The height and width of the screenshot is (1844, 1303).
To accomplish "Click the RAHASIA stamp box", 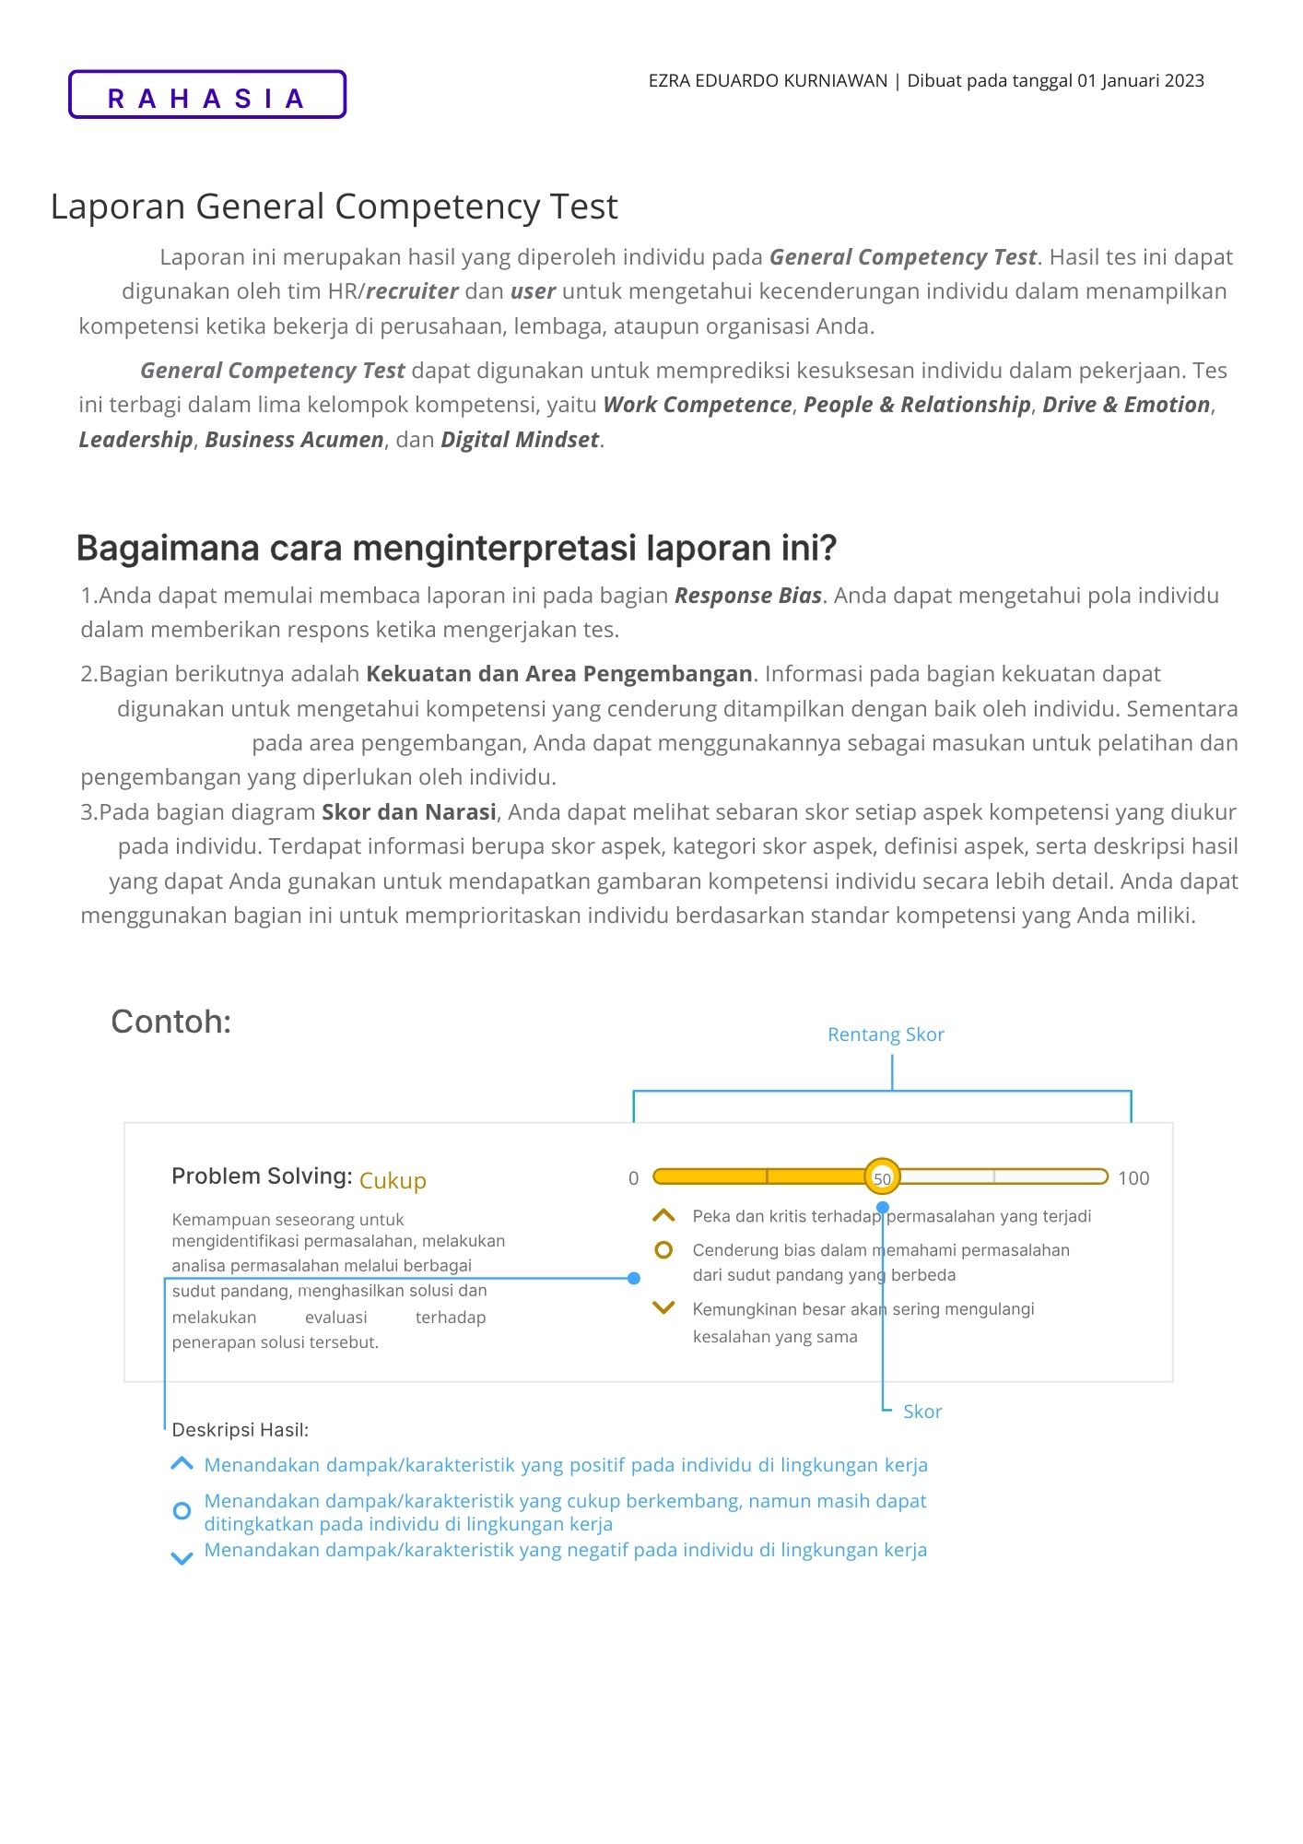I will coord(207,95).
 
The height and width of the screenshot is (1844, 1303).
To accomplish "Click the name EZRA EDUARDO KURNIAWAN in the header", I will coord(768,81).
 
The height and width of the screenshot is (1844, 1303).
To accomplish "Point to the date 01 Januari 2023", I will coord(1140,81).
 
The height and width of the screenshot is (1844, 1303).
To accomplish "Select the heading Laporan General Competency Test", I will coord(334,207).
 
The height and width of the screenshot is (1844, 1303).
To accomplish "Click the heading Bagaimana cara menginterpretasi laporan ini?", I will coord(456,548).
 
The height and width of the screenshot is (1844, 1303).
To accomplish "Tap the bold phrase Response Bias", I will coord(747,596).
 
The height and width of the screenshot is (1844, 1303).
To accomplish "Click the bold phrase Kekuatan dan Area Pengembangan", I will coord(558,674).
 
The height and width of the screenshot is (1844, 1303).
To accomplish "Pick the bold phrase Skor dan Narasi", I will coord(408,812).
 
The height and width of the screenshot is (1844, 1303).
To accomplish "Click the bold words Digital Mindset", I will coord(520,440).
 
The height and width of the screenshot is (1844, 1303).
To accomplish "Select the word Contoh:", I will coord(170,1022).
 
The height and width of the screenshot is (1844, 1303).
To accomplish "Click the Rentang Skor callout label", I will coord(886,1034).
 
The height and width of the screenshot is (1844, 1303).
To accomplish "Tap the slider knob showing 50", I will coord(882,1177).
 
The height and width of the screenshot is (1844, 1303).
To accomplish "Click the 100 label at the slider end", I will coord(1133,1178).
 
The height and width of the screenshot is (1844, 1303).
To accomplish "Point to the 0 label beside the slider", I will coord(633,1178).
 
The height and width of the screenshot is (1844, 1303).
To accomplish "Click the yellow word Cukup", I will coord(393,1181).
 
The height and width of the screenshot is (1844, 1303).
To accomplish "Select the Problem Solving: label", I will coord(262,1176).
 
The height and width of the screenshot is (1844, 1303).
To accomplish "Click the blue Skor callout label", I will coord(922,1412).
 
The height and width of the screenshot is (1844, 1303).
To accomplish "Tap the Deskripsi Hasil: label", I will coord(240,1430).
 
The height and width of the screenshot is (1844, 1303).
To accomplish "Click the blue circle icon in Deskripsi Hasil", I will coord(182,1511).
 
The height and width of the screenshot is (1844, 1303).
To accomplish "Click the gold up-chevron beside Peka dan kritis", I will coord(663,1216).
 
